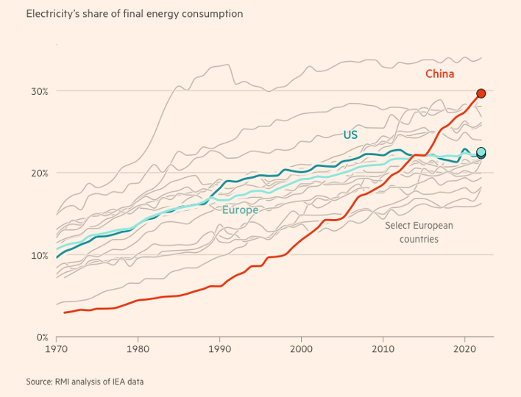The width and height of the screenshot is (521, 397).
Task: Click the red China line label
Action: [x=439, y=74]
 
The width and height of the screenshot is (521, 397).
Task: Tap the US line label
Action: [x=350, y=135]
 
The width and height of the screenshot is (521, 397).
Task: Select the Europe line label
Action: [x=240, y=210]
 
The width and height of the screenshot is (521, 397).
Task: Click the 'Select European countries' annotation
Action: [x=419, y=232]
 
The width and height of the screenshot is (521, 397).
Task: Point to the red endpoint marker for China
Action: [x=481, y=93]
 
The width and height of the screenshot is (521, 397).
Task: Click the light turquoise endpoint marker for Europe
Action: [x=481, y=152]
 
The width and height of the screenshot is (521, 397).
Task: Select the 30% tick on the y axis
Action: [x=39, y=91]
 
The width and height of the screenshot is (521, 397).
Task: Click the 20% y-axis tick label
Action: [x=39, y=174]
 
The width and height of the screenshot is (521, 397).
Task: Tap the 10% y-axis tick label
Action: [x=39, y=256]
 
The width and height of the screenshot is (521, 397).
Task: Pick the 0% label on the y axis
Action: [x=42, y=337]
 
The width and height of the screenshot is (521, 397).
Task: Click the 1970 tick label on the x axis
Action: [x=57, y=350]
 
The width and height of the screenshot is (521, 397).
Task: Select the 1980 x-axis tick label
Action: [x=138, y=350]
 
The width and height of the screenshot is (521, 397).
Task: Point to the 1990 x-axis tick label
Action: [x=220, y=350]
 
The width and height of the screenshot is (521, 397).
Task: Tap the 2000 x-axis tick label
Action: [x=302, y=350]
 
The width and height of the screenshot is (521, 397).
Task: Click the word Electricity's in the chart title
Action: [x=52, y=14]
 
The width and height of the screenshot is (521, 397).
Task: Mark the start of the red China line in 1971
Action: [x=65, y=312]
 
